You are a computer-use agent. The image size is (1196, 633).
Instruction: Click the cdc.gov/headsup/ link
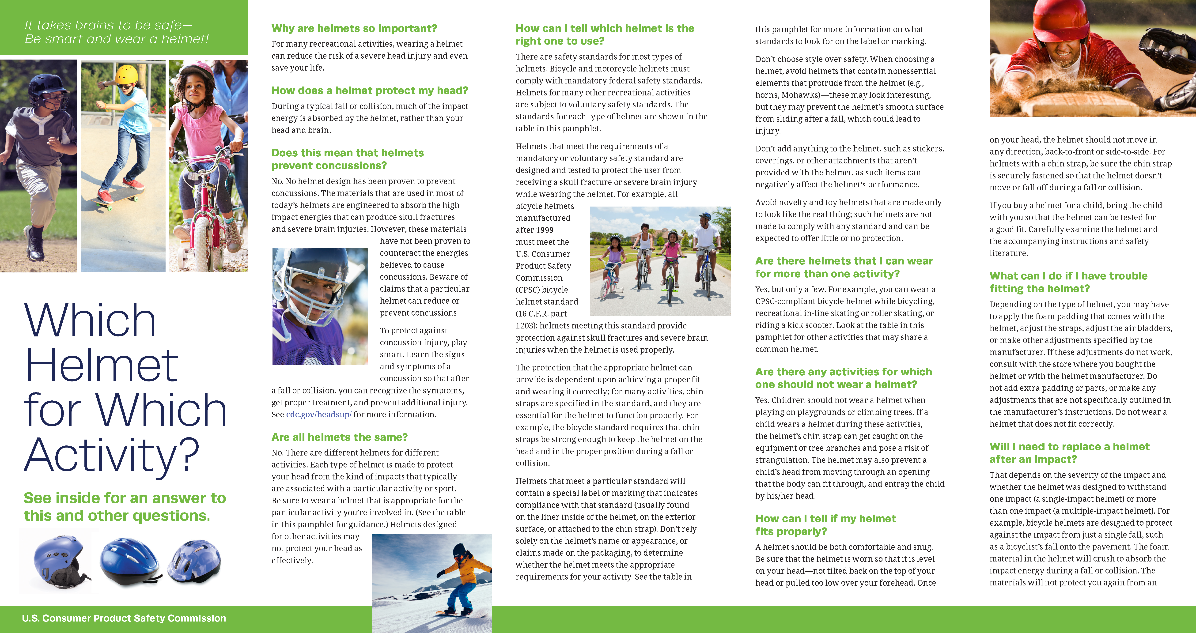click(x=318, y=414)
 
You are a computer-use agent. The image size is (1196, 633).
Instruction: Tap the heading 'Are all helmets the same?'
click(x=339, y=437)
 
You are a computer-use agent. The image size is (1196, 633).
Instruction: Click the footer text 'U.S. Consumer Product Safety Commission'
click(x=124, y=618)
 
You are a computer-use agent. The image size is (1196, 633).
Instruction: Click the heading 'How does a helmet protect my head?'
click(x=370, y=90)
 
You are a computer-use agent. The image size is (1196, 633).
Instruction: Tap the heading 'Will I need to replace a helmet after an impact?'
click(x=1069, y=453)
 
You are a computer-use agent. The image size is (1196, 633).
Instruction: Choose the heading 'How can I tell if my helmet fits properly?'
click(x=825, y=525)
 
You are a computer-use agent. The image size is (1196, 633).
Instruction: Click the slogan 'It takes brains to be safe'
click(x=108, y=25)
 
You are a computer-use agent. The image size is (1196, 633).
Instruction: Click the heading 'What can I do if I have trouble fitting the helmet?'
click(x=1068, y=282)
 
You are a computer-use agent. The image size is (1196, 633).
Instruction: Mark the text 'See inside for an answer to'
click(x=125, y=498)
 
